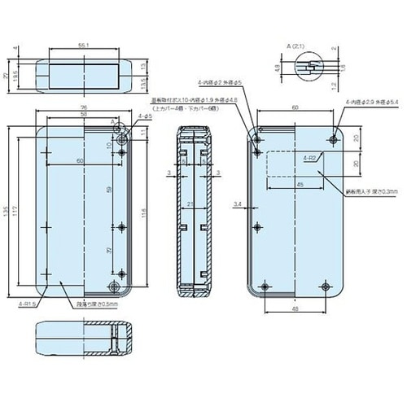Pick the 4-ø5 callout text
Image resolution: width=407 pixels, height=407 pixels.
click(145, 117)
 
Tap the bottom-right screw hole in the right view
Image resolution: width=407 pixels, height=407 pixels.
click(326, 287)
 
